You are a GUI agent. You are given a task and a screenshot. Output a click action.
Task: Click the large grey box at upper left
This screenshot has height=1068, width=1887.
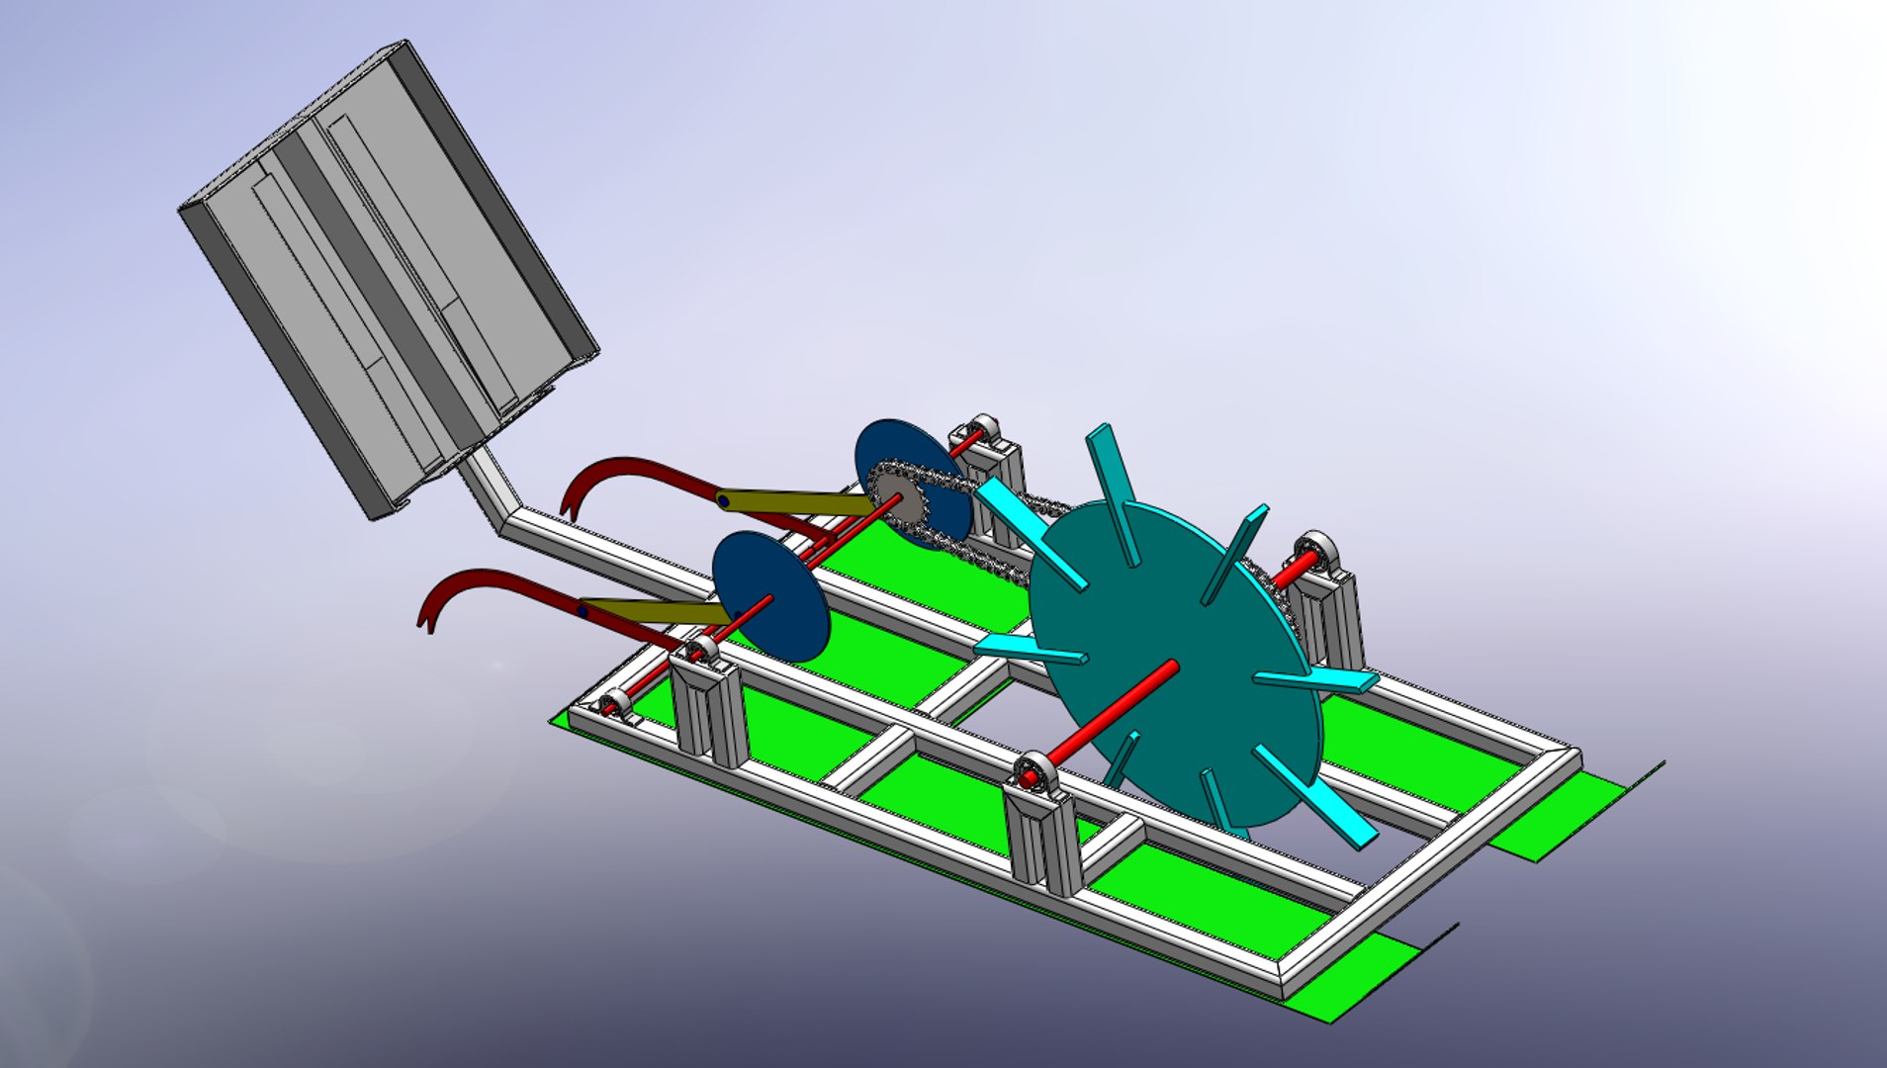[x=386, y=277]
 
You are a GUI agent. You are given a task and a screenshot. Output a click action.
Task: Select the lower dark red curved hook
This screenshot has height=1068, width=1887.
[x=485, y=583]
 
